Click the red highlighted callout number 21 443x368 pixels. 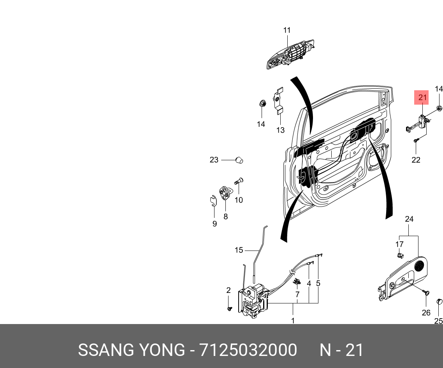[x=423, y=98]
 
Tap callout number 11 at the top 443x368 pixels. [x=287, y=30]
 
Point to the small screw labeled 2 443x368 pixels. [x=229, y=308]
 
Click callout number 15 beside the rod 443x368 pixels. [x=239, y=250]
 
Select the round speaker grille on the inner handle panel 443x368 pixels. [x=419, y=266]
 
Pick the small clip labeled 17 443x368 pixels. [x=400, y=255]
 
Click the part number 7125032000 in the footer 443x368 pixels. [x=248, y=350]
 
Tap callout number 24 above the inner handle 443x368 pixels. [x=409, y=219]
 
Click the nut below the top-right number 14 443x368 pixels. [x=438, y=108]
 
